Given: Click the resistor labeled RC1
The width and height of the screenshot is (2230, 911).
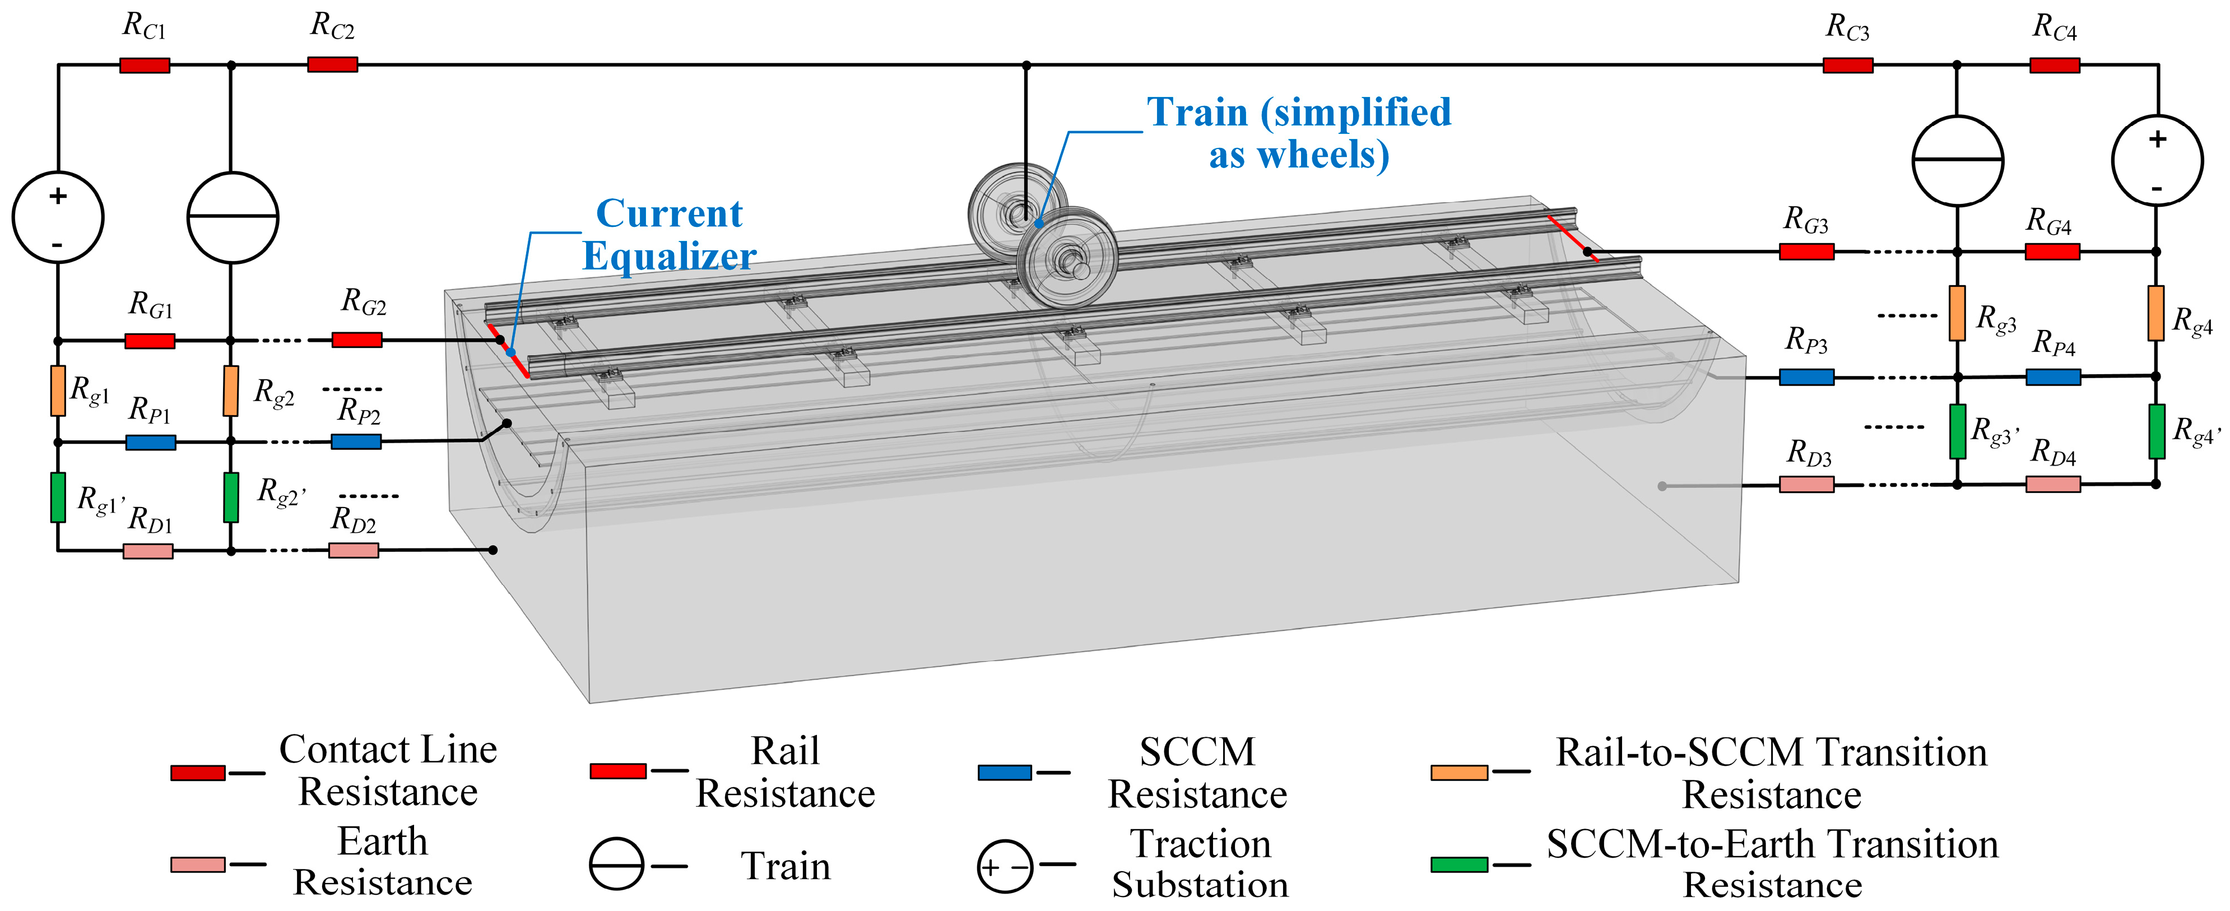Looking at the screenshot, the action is pos(145,65).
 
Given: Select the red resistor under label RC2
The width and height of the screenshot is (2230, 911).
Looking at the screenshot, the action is pos(332,64).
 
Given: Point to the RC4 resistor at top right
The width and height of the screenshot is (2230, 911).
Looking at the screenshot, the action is pos(2054,65).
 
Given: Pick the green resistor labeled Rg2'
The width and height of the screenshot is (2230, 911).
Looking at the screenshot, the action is pos(231,497).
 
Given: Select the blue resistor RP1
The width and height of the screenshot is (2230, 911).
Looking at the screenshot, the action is pos(151,443).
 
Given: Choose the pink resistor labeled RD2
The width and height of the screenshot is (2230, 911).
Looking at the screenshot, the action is pos(353,550).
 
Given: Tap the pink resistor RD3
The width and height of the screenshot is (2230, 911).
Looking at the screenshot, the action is pos(1806,484).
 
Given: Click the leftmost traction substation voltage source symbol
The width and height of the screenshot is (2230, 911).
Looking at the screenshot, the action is pos(58,217).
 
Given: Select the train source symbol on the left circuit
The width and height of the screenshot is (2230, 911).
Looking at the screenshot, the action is pos(233,217).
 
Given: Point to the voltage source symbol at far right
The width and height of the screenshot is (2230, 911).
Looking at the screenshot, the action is pos(2157,160).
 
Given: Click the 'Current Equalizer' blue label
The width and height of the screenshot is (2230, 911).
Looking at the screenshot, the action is pos(669,235).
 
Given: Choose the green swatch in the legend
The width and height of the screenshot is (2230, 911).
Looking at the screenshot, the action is pos(1460,864).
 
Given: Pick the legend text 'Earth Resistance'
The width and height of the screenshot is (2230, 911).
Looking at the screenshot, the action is pos(383,862).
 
